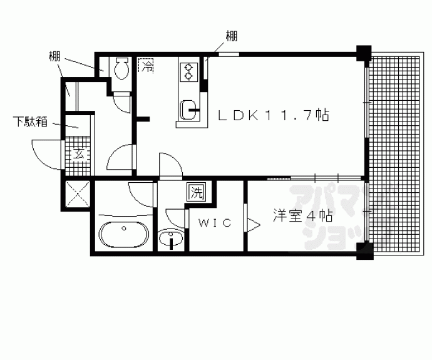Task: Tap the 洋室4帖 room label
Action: (302, 216)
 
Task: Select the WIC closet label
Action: (215, 222)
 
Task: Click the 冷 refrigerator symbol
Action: (147, 64)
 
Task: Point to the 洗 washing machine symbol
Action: (197, 193)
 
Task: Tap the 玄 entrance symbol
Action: (80, 153)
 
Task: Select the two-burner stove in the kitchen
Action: (187, 73)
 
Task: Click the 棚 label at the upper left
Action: (54, 56)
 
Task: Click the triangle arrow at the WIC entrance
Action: (253, 224)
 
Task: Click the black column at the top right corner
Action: (364, 53)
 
